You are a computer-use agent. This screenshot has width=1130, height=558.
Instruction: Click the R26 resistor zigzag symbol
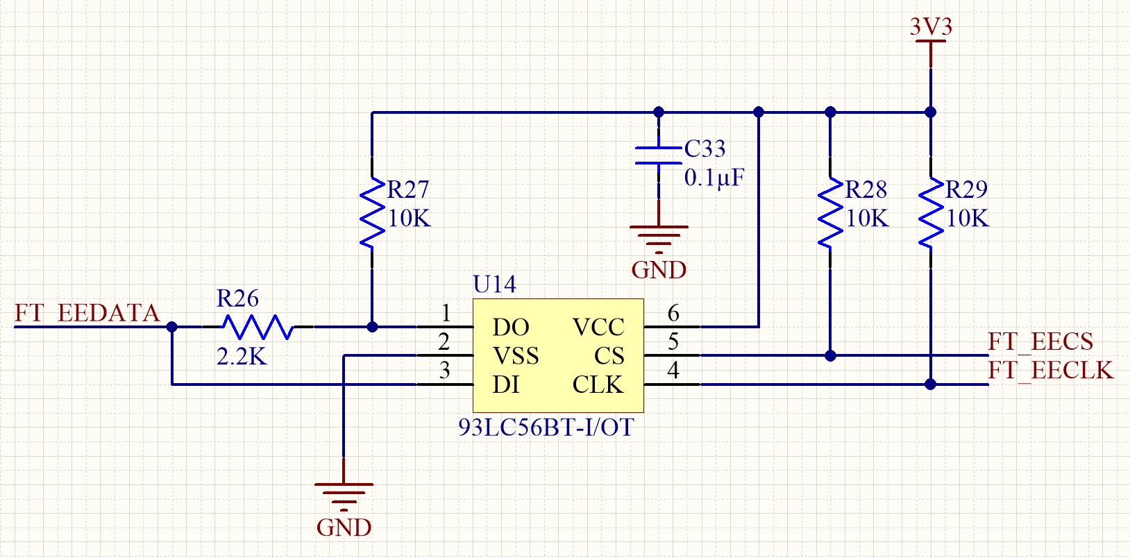click(x=258, y=327)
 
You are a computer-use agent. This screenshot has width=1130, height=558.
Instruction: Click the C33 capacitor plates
click(x=659, y=155)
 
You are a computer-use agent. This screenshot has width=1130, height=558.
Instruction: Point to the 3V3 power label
click(x=931, y=28)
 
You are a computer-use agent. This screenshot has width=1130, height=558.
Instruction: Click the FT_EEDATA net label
click(x=87, y=314)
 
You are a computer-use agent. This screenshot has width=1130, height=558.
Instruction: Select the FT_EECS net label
click(x=1040, y=342)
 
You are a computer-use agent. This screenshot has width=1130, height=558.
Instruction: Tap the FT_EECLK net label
click(x=1050, y=371)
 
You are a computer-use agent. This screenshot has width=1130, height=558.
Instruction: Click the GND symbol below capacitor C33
click(x=659, y=236)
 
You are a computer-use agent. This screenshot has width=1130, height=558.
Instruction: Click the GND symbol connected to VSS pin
click(x=344, y=494)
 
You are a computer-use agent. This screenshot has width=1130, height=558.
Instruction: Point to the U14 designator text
click(x=494, y=285)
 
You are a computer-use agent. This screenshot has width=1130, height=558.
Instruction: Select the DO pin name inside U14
click(x=511, y=328)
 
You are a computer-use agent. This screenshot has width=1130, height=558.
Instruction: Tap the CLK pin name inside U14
click(x=598, y=384)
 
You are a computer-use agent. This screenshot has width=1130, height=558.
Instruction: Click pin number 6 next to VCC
click(x=673, y=314)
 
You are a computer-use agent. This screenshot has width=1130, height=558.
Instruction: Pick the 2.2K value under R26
click(x=242, y=357)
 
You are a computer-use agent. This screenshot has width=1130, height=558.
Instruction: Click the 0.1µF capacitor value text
click(x=714, y=178)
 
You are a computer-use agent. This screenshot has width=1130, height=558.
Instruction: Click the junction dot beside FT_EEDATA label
click(x=172, y=327)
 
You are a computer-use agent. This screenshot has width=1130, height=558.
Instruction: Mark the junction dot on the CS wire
click(x=830, y=355)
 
